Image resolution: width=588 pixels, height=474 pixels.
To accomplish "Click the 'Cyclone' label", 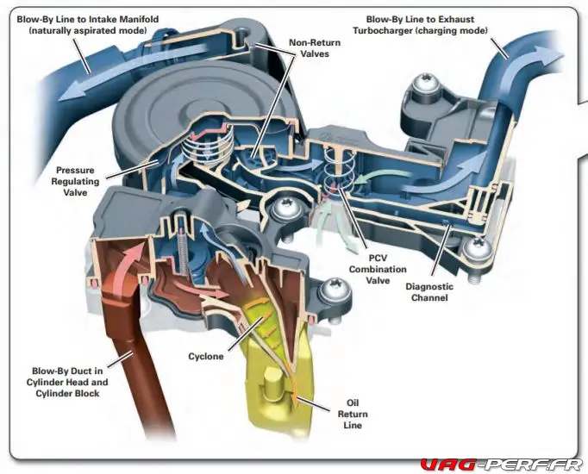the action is point(206,356).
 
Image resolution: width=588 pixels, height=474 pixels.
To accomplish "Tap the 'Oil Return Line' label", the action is point(353,414).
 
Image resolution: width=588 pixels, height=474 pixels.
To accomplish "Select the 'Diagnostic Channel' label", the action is point(429,292).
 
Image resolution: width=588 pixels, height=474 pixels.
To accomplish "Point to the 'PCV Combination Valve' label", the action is point(378,269).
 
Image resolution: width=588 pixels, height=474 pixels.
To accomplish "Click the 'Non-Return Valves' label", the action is point(315,48).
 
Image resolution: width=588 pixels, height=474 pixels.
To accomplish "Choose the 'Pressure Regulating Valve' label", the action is point(75,181).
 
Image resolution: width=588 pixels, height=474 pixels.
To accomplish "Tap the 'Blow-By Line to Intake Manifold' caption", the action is point(88,25).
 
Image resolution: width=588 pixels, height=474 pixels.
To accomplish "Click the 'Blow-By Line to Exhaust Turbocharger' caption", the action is point(420,25).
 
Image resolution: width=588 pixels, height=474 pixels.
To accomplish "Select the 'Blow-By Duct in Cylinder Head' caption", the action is point(67,377).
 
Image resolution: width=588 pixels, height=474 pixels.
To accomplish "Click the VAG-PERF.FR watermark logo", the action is point(501,465).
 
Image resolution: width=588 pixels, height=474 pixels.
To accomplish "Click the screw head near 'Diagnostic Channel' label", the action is point(478,247).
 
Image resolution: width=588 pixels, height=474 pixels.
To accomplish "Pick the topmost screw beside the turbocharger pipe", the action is point(425,86).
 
